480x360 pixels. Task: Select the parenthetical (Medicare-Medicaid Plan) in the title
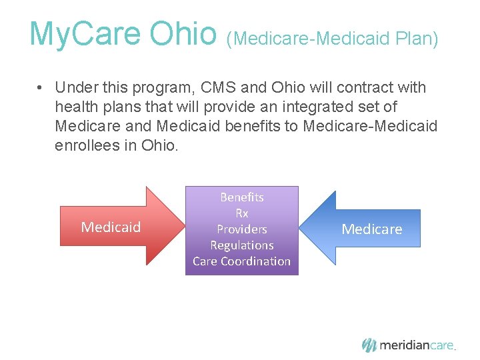point(332,39)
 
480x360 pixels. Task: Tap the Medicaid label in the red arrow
point(111,227)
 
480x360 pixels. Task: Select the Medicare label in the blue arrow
point(372,229)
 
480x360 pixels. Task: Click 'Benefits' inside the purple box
point(241,197)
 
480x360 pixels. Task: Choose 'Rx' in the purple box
point(241,213)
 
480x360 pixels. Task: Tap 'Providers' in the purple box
point(241,229)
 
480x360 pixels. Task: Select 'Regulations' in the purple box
point(241,245)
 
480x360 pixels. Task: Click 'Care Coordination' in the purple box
point(241,261)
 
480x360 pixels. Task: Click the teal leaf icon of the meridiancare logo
point(369,345)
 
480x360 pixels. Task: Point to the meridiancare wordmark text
point(417,345)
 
